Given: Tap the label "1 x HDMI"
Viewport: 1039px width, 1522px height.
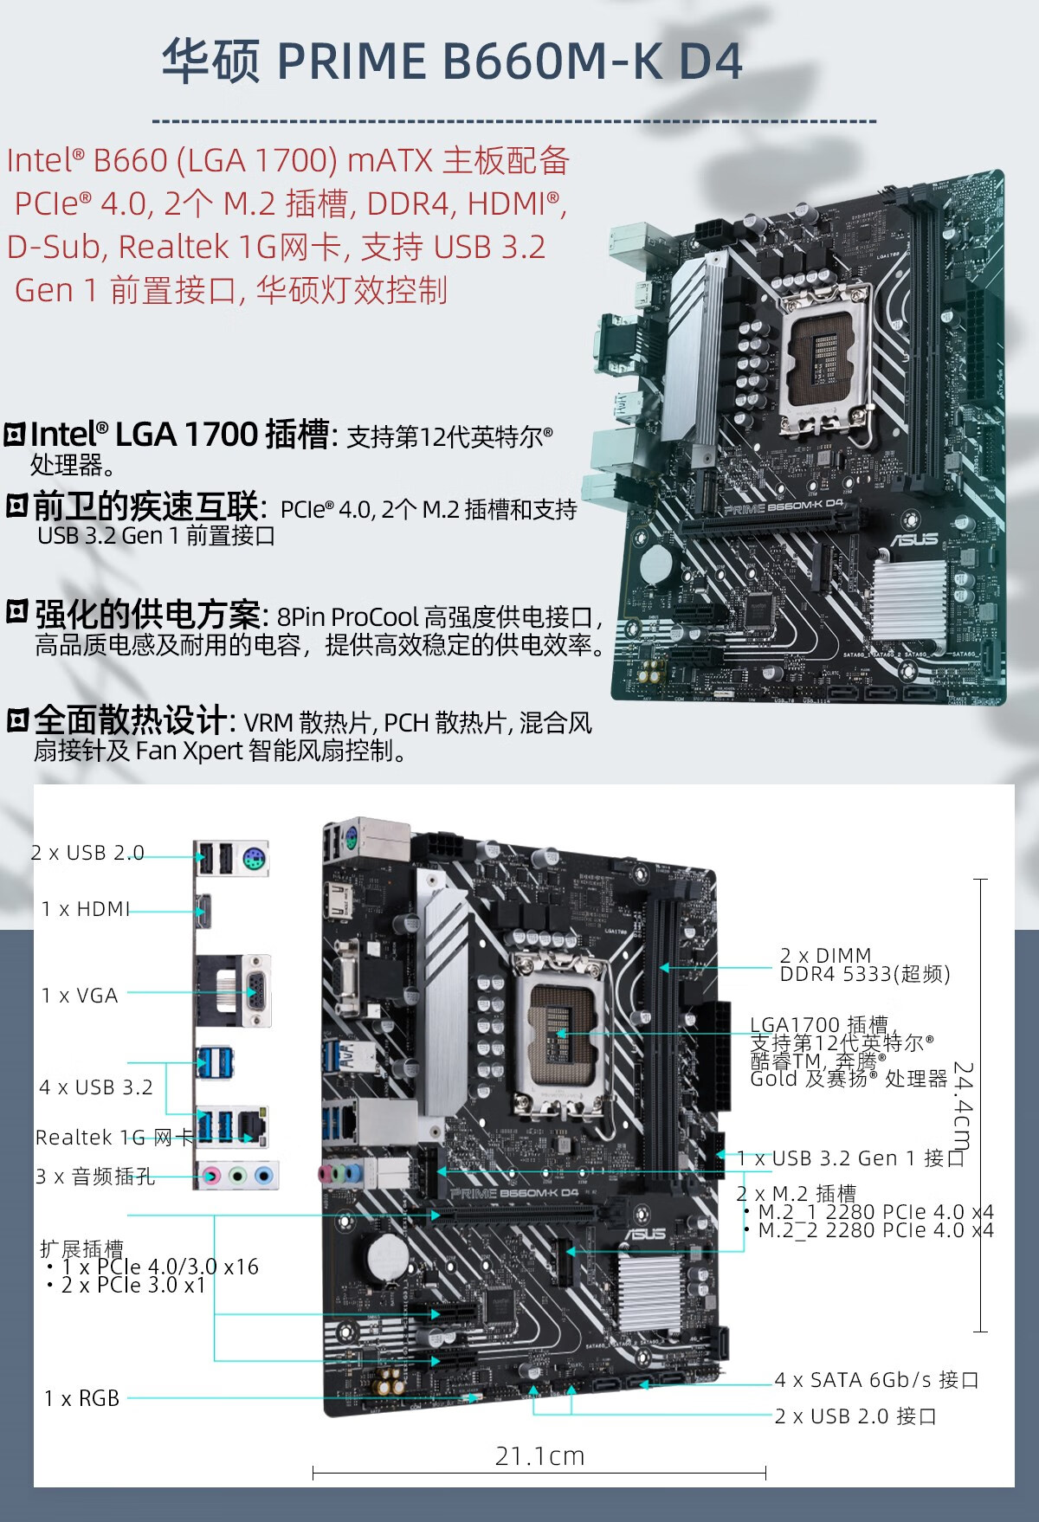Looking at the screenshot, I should tap(86, 909).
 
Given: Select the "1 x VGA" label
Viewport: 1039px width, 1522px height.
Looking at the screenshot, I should tap(80, 996).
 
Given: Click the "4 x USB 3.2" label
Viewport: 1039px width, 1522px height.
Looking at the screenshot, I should tap(95, 1087).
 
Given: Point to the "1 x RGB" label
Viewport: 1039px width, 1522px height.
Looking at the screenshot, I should tap(82, 1398).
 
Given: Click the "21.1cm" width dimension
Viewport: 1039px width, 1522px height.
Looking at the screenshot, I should tap(539, 1456).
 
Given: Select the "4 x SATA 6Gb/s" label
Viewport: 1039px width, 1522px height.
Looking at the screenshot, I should tap(876, 1380).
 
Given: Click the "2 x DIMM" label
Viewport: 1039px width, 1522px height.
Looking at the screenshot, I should tap(825, 956).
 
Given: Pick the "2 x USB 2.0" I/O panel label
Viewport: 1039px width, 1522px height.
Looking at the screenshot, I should tap(87, 853).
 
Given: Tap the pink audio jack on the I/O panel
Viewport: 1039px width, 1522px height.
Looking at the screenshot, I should tap(210, 1176).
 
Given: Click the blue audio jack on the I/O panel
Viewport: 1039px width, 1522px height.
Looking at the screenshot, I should tap(264, 1176).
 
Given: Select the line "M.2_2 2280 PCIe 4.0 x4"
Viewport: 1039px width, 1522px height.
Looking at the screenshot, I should tap(874, 1230).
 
